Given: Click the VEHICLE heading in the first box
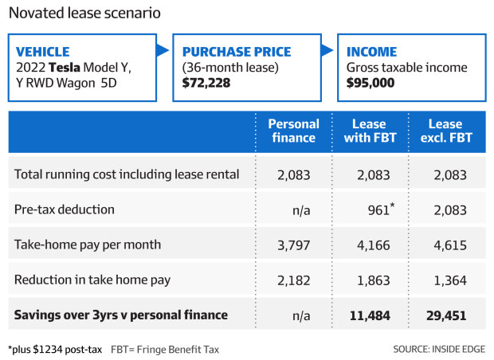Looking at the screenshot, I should pyautogui.click(x=44, y=52).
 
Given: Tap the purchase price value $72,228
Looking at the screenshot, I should pyautogui.click(x=206, y=82).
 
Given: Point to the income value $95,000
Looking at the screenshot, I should pyautogui.click(x=370, y=82).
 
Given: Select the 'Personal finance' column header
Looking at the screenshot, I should pyautogui.click(x=293, y=131).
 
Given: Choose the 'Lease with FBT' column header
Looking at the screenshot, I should pyautogui.click(x=370, y=131).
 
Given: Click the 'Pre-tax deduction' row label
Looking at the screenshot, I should pyautogui.click(x=65, y=209).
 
